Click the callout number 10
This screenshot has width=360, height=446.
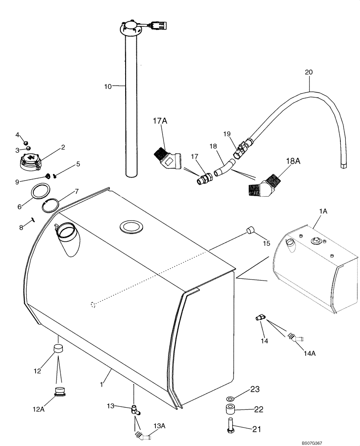pos(108,86)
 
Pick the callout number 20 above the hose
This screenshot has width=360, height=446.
pos(309,72)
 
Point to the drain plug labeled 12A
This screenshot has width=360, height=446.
pos(59,392)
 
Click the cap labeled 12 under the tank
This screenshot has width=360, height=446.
pos(58,348)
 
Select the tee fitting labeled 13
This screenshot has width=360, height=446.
pos(135,409)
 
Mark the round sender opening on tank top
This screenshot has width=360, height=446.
pos(131,227)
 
